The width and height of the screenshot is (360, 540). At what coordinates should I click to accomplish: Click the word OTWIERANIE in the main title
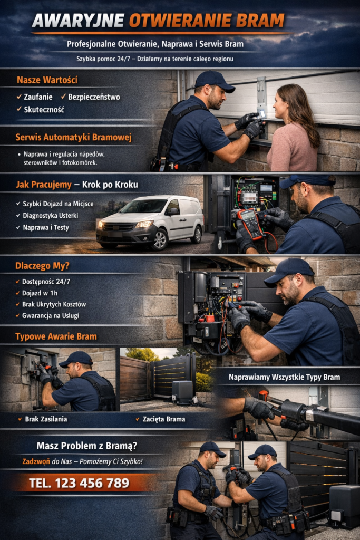(179, 21)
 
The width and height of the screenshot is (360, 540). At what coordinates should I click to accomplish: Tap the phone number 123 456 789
(92, 483)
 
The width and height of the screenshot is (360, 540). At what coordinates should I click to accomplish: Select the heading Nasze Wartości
(47, 80)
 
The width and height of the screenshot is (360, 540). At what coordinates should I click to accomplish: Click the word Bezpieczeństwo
(94, 97)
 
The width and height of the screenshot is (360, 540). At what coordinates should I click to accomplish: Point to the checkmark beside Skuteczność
(19, 109)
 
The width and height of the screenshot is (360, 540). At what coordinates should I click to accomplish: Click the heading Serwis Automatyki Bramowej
(73, 138)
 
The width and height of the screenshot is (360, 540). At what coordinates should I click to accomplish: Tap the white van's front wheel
(159, 239)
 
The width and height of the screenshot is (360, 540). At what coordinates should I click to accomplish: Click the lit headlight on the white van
(144, 224)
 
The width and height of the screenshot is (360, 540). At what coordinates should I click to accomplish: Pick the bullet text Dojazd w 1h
(40, 293)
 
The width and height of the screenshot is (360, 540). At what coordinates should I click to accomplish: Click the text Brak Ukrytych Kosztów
(54, 304)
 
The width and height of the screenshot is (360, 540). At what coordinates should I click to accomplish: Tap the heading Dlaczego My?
(42, 266)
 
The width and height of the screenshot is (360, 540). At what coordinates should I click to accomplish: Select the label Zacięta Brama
(164, 419)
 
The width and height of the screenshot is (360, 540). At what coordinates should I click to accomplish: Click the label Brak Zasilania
(46, 419)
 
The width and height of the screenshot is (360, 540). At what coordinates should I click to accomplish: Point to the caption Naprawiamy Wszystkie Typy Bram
(284, 377)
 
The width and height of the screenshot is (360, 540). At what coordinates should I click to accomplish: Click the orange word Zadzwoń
(36, 461)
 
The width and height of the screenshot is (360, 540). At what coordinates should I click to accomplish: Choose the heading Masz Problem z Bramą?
(87, 446)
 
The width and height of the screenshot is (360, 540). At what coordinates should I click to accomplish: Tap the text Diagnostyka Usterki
(50, 216)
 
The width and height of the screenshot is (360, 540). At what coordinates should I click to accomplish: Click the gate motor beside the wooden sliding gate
(183, 392)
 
